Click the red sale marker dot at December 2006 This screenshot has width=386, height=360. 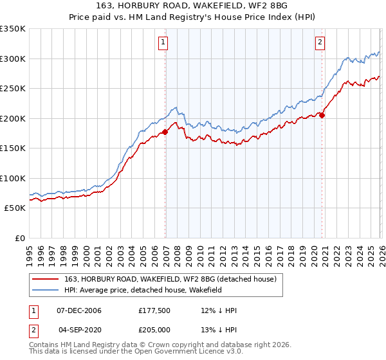165,132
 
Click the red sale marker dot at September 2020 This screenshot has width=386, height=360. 322,116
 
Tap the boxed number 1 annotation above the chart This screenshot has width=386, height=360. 163,43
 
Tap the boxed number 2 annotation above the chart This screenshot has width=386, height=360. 320,43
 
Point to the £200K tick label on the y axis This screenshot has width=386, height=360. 13,118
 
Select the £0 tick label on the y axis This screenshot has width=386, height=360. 19,238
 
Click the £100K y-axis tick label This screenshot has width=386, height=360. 13,178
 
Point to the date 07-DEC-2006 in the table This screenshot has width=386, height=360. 80,310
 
